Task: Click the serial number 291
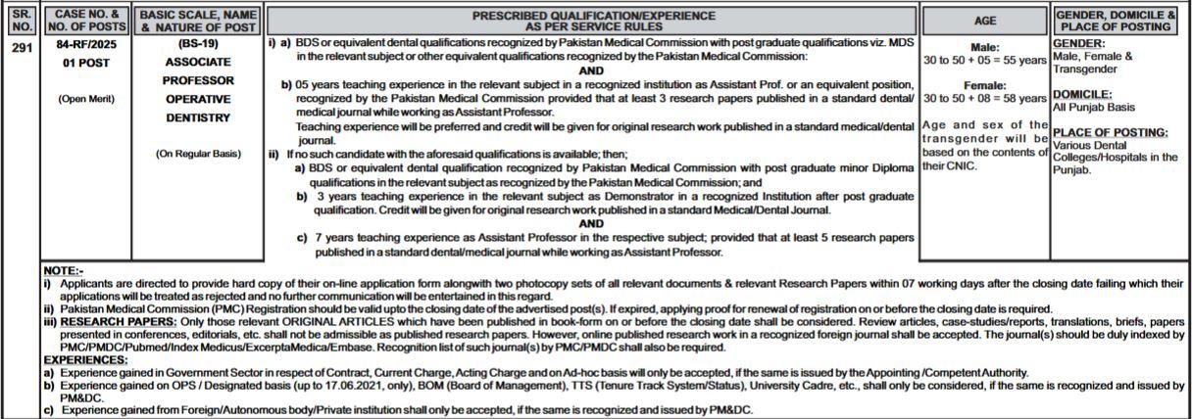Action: coord(22,45)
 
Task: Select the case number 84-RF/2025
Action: coord(87,45)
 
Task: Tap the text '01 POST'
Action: coord(87,64)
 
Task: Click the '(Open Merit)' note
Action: coord(87,99)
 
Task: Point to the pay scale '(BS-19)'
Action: coord(198,45)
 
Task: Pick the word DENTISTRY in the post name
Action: coord(198,118)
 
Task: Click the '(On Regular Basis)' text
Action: coord(198,154)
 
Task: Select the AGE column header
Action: coord(984,21)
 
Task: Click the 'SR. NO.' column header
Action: coord(22,21)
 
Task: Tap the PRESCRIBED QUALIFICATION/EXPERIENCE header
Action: coord(593,21)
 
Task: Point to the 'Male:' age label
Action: coord(984,47)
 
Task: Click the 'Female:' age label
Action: coord(984,86)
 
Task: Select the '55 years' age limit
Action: coord(1020,60)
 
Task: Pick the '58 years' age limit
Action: coord(1020,99)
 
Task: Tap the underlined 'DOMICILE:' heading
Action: coord(1081,95)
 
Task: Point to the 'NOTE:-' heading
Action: coord(64,270)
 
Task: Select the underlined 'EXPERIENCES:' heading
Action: coord(86,360)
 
